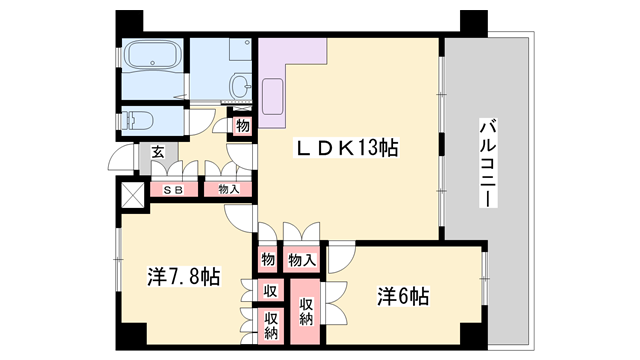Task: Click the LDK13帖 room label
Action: pyautogui.click(x=346, y=149)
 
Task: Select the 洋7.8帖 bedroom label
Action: pyautogui.click(x=184, y=276)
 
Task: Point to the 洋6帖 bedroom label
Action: pyautogui.click(x=403, y=297)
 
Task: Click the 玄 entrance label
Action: pyautogui.click(x=158, y=152)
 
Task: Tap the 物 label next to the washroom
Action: pyautogui.click(x=243, y=126)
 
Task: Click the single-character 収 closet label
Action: pyautogui.click(x=269, y=291)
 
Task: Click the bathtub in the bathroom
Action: pyautogui.click(x=151, y=56)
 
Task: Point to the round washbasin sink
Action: pyautogui.click(x=240, y=87)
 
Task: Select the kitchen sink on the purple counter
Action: pyautogui.click(x=272, y=91)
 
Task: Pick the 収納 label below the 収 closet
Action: pyautogui.click(x=269, y=323)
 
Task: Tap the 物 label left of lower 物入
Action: pyautogui.click(x=268, y=260)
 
